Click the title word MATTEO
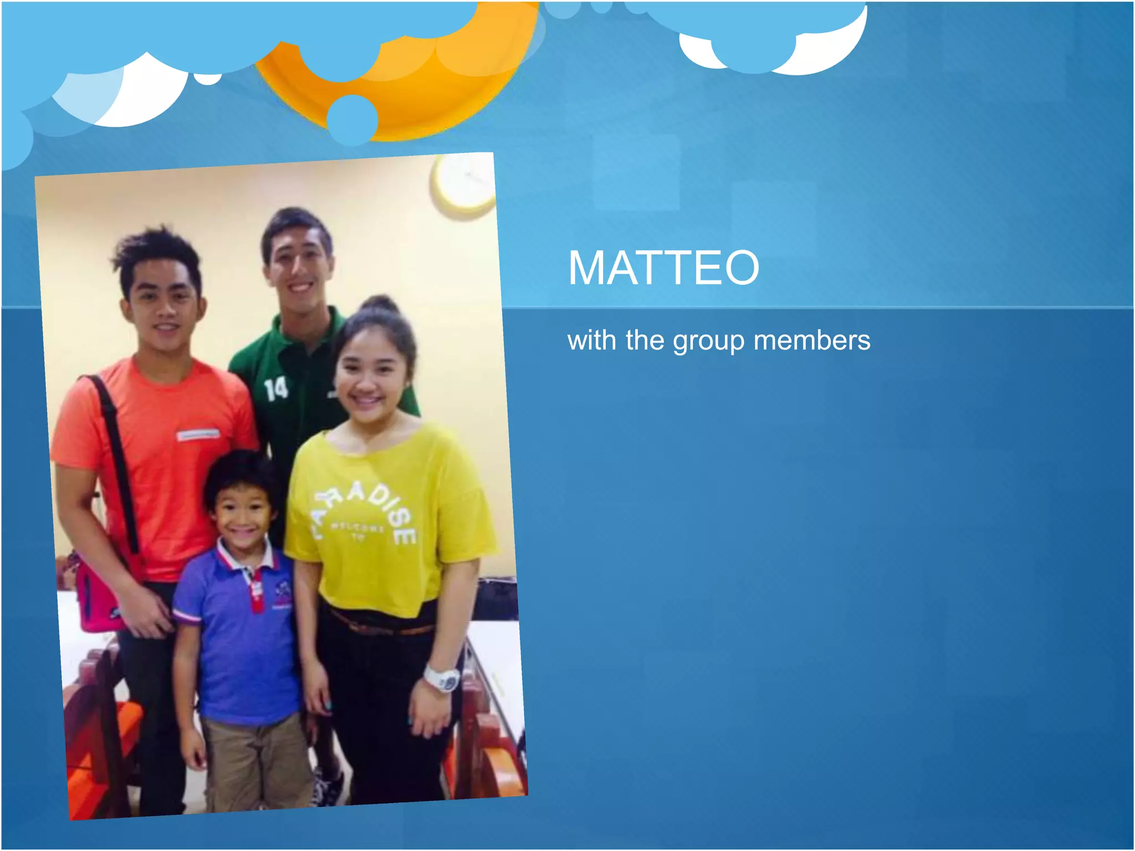[x=663, y=268]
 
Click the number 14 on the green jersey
[x=275, y=389]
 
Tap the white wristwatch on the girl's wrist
[x=443, y=678]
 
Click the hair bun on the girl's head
[x=380, y=305]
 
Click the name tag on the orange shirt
[x=197, y=435]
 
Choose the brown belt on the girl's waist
[x=382, y=626]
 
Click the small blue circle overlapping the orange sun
[x=352, y=119]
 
